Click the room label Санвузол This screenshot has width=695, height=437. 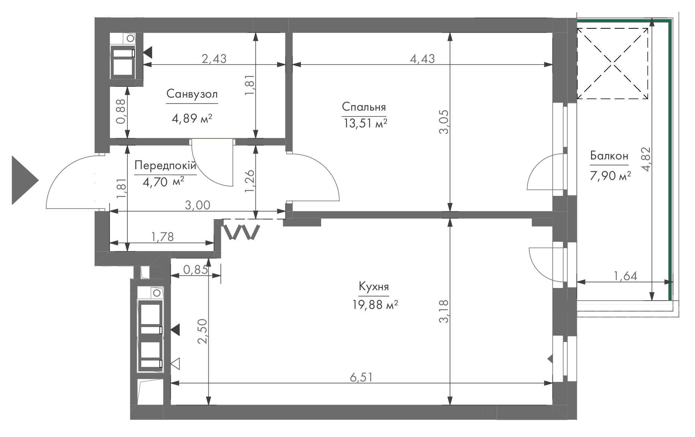pos(192,94)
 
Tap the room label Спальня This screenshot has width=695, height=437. pos(364,107)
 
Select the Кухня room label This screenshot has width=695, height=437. pos(374,287)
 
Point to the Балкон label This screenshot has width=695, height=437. pos(609,156)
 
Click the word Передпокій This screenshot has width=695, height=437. pos(165,165)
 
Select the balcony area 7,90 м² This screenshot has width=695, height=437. pos(610,175)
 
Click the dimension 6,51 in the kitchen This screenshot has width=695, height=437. pos(361,377)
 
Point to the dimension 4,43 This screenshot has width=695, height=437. pos(423,58)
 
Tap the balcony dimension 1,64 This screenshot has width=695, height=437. pos(625,276)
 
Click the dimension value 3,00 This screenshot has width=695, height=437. pos(198,205)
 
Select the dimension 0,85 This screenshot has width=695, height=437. pos(196,269)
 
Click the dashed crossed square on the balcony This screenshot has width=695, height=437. pos(613,64)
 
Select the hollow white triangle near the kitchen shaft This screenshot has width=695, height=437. pos(176,364)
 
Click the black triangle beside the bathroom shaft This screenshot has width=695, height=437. pos(148,52)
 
